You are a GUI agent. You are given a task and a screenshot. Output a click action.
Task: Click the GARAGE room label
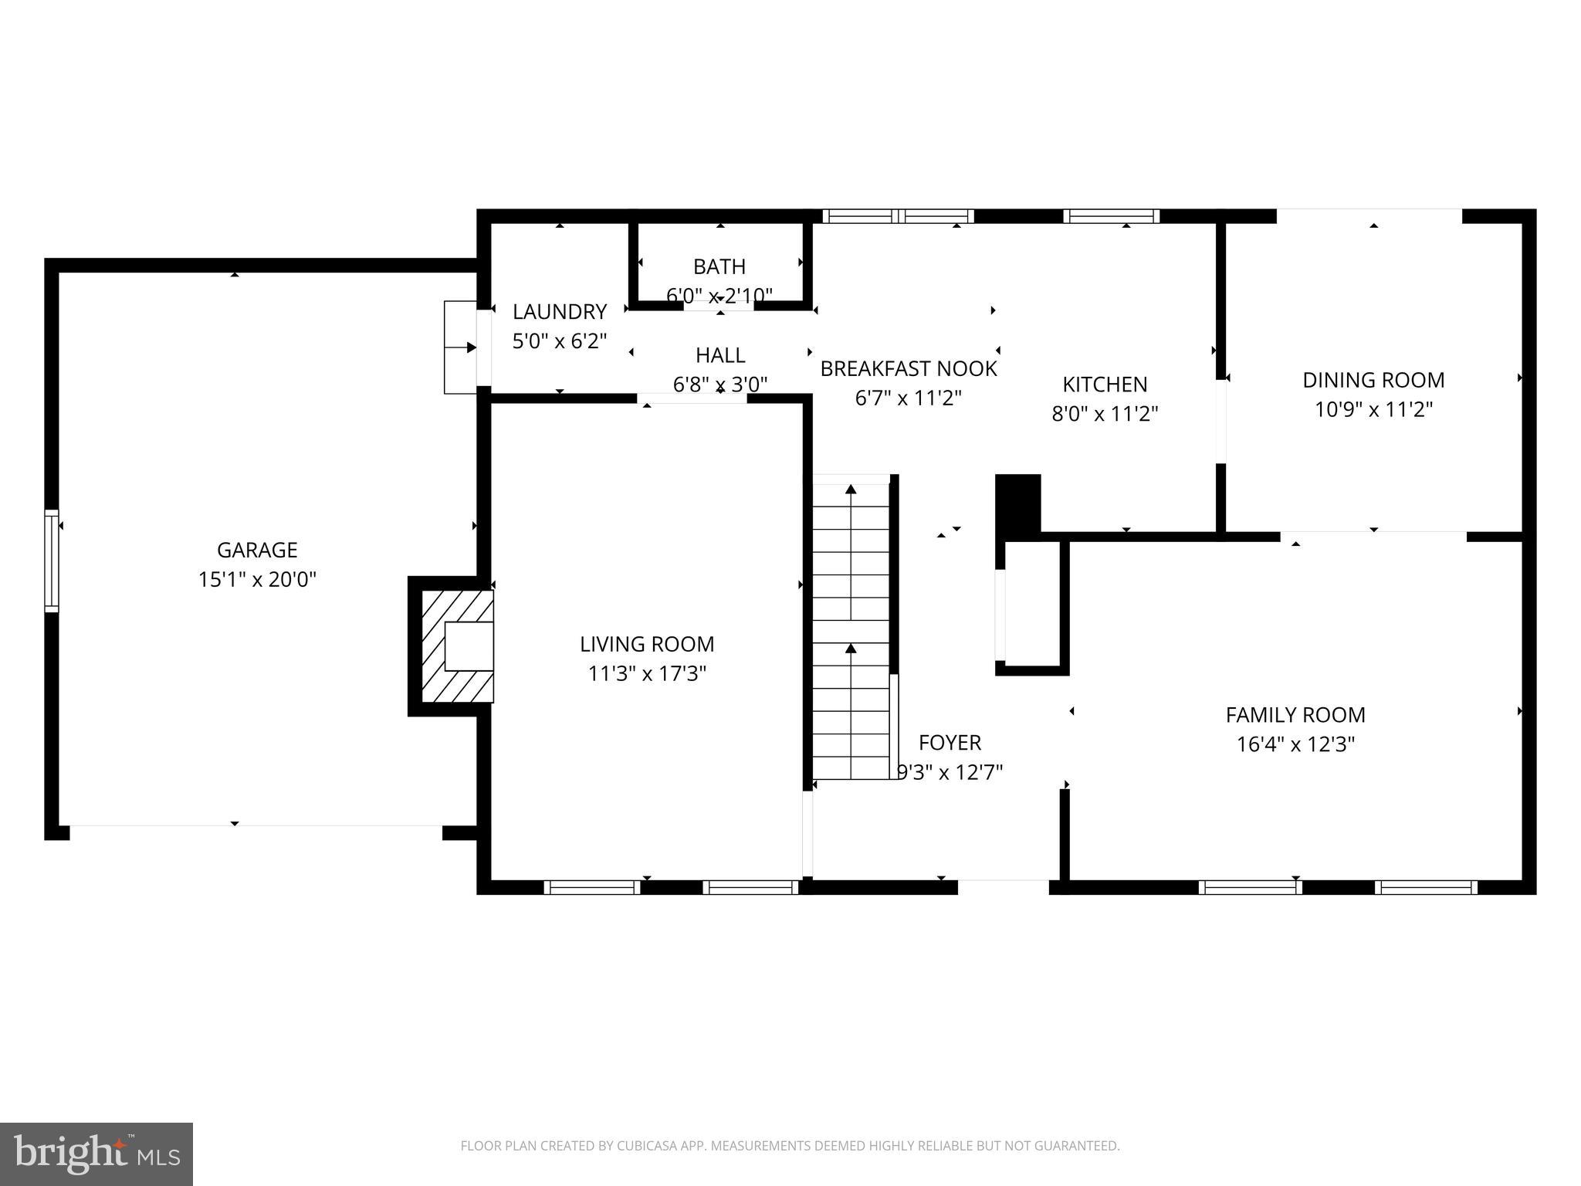(x=257, y=550)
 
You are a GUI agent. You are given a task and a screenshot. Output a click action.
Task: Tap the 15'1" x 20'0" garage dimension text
(x=257, y=579)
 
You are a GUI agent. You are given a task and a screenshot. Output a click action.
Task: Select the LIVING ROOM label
(x=647, y=644)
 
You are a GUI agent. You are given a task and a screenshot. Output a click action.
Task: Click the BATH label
(x=719, y=266)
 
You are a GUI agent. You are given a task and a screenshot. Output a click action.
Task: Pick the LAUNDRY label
(x=560, y=312)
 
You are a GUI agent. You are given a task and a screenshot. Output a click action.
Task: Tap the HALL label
(x=720, y=355)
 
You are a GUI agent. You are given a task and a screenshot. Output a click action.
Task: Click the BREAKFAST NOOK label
(x=909, y=369)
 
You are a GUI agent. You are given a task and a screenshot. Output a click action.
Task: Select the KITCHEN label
(x=1105, y=385)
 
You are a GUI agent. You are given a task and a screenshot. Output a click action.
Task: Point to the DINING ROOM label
(x=1373, y=380)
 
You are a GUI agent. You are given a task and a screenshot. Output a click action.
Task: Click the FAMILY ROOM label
(x=1295, y=715)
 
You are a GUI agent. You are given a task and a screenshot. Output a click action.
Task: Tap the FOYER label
(x=950, y=743)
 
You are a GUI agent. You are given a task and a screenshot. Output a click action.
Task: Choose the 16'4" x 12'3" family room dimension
(x=1295, y=744)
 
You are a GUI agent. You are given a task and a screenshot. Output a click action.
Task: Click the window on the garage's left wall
(x=52, y=561)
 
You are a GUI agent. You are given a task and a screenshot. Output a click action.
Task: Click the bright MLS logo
(x=96, y=1154)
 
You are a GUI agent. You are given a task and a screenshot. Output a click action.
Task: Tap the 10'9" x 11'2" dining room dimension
(x=1373, y=409)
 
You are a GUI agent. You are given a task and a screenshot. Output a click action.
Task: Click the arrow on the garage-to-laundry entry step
(x=461, y=347)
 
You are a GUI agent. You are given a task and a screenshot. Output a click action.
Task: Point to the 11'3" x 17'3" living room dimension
(x=647, y=674)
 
